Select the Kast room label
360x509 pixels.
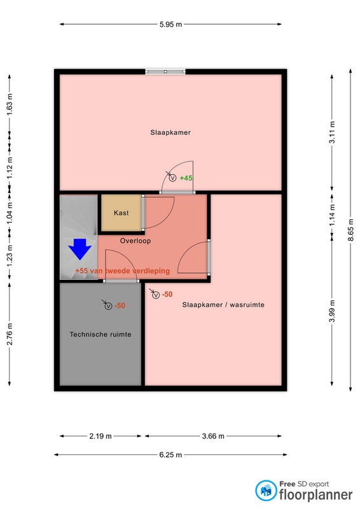(121, 213)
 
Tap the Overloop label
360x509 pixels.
(134, 241)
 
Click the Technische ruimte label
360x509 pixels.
(100, 333)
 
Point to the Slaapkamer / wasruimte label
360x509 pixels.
(223, 305)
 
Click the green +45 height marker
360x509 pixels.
(186, 178)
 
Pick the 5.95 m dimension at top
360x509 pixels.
(171, 24)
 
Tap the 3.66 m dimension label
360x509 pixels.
(212, 436)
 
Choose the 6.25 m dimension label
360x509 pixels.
(170, 455)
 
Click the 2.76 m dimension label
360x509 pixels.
(10, 334)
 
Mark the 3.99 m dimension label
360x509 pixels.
(331, 311)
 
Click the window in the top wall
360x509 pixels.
(165, 72)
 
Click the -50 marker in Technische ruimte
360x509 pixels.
(120, 305)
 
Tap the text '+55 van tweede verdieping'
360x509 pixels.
(122, 270)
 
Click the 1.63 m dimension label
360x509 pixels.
(10, 105)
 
